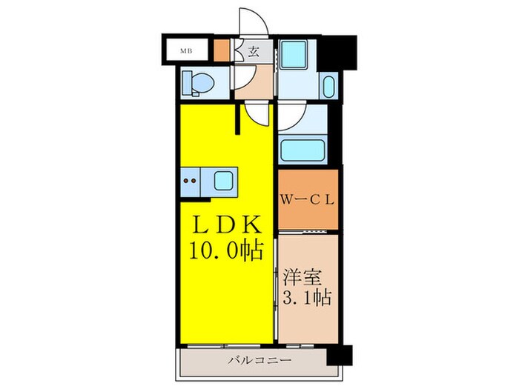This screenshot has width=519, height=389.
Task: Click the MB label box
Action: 184,51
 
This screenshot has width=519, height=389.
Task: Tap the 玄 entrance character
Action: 253,51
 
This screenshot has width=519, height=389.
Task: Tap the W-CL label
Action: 308,199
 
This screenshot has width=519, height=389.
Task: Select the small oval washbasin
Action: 329,87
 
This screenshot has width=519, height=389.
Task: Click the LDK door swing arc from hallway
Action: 258,114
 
